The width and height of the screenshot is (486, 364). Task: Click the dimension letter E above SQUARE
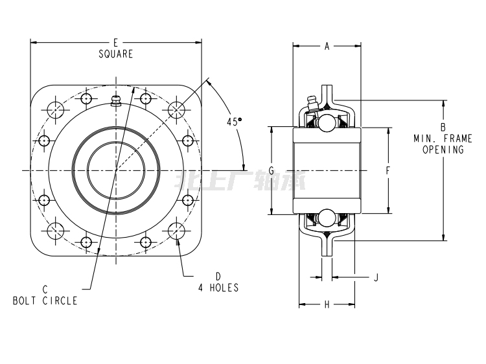115,43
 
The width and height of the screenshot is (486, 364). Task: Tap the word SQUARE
115,54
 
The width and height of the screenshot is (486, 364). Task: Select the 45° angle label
233,121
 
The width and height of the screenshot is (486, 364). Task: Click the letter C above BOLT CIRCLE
45,290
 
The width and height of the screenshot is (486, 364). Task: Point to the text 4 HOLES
218,288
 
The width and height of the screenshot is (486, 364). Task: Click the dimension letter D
218,276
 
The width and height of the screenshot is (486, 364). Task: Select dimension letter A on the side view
327,46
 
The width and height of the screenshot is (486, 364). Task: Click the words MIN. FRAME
443,138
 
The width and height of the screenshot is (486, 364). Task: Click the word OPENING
443,150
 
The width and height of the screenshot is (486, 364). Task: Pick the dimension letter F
388,171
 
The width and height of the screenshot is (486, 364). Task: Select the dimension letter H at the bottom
327,304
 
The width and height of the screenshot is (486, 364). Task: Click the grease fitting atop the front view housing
116,101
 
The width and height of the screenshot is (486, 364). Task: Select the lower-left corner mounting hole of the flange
56,231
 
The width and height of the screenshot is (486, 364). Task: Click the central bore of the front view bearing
116,170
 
